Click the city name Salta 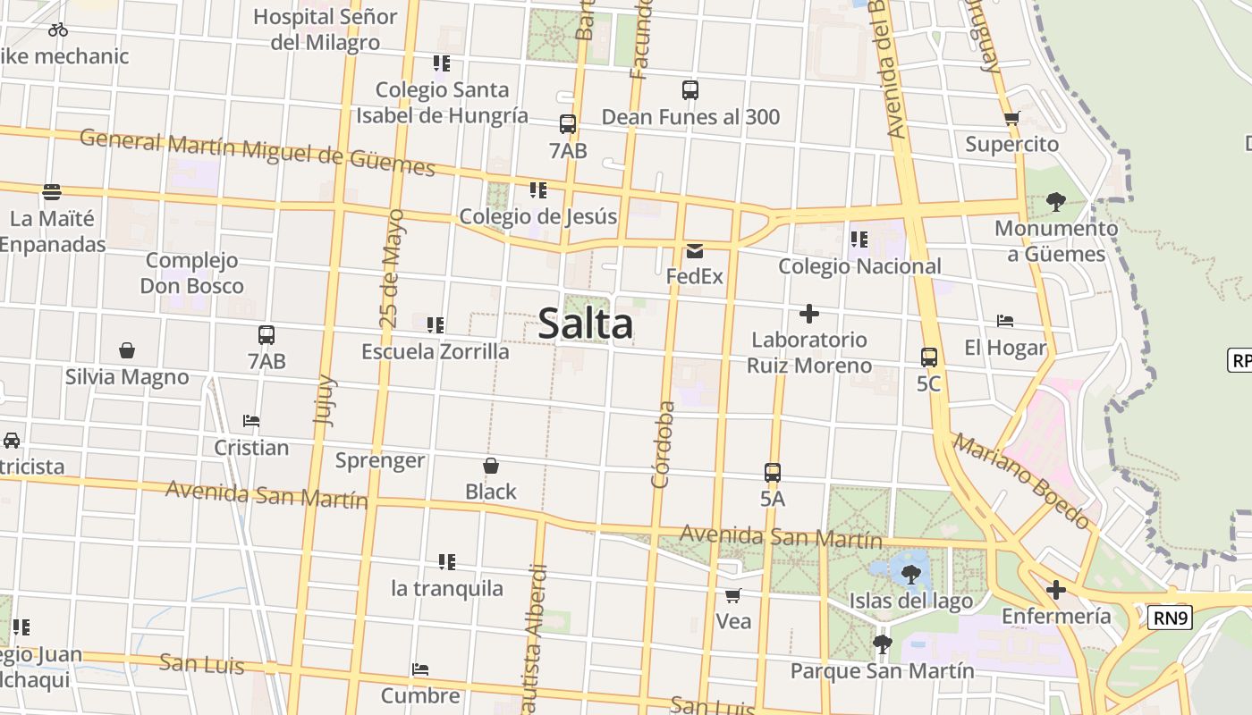click(586, 324)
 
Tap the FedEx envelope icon click(695, 252)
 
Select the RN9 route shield click(1171, 618)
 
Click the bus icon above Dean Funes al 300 click(689, 90)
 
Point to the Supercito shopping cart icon click(1012, 118)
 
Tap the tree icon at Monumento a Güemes click(1056, 201)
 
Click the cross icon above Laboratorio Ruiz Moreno click(809, 314)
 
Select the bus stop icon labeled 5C click(929, 357)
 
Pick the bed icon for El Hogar click(1005, 321)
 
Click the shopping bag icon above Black click(491, 466)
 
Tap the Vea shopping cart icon click(733, 595)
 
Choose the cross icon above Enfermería click(1056, 590)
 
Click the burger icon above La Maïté click(52, 191)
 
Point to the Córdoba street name click(663, 444)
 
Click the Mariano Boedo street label click(1021, 481)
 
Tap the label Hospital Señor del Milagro click(326, 29)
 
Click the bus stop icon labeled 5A click(773, 473)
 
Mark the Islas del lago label click(910, 601)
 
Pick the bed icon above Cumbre click(420, 669)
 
